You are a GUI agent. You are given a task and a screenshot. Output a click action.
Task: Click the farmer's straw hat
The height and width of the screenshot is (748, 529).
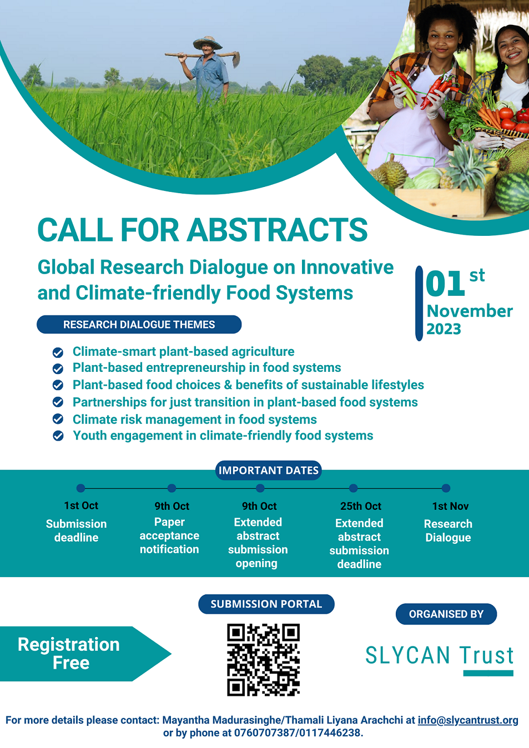point(208,42)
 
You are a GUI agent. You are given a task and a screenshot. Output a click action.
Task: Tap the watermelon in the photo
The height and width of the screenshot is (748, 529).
point(512,193)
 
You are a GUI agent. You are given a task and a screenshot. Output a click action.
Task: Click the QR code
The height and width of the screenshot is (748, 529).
point(264,660)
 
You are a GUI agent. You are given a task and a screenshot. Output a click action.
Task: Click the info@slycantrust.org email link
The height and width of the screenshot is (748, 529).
point(468,720)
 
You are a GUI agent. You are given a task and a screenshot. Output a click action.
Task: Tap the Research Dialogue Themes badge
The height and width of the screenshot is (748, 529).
point(139,324)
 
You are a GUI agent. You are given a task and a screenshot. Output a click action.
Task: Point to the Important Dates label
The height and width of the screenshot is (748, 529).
point(269,470)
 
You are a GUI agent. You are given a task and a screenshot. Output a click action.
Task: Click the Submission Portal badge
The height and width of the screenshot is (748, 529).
point(266,604)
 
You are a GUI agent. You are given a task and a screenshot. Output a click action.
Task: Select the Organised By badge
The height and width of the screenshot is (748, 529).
point(446,614)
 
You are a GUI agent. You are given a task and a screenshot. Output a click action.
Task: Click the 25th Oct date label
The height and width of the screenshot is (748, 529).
point(361,506)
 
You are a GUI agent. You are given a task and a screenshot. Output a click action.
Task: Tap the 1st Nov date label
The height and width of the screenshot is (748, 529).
point(450,506)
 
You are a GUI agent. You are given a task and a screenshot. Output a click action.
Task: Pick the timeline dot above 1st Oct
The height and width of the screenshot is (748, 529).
point(81,488)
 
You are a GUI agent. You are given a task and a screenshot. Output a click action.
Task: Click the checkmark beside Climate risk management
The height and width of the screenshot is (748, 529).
point(58,419)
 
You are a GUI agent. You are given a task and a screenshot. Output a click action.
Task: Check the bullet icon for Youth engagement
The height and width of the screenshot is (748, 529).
point(58,436)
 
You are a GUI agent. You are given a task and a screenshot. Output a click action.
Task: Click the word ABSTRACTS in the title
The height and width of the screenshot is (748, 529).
point(277,230)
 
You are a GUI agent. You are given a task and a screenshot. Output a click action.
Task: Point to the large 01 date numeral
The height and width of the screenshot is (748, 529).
point(445,284)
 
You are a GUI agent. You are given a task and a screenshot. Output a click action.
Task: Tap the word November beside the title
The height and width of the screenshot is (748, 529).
point(470,311)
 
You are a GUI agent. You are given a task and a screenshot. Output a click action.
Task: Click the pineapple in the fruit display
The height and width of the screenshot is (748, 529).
point(467,168)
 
